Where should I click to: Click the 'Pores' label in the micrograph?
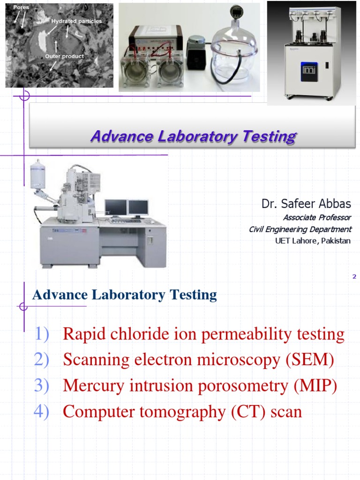21,7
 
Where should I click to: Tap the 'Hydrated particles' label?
76,21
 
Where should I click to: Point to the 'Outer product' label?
65,56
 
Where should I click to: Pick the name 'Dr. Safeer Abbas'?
307,204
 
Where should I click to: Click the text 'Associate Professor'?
316,217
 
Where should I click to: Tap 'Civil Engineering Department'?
300,229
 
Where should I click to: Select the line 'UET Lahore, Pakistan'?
313,241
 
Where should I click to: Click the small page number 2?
354,277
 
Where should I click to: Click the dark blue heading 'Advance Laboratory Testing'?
124,295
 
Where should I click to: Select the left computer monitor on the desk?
116,208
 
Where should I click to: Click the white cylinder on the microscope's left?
37,173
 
